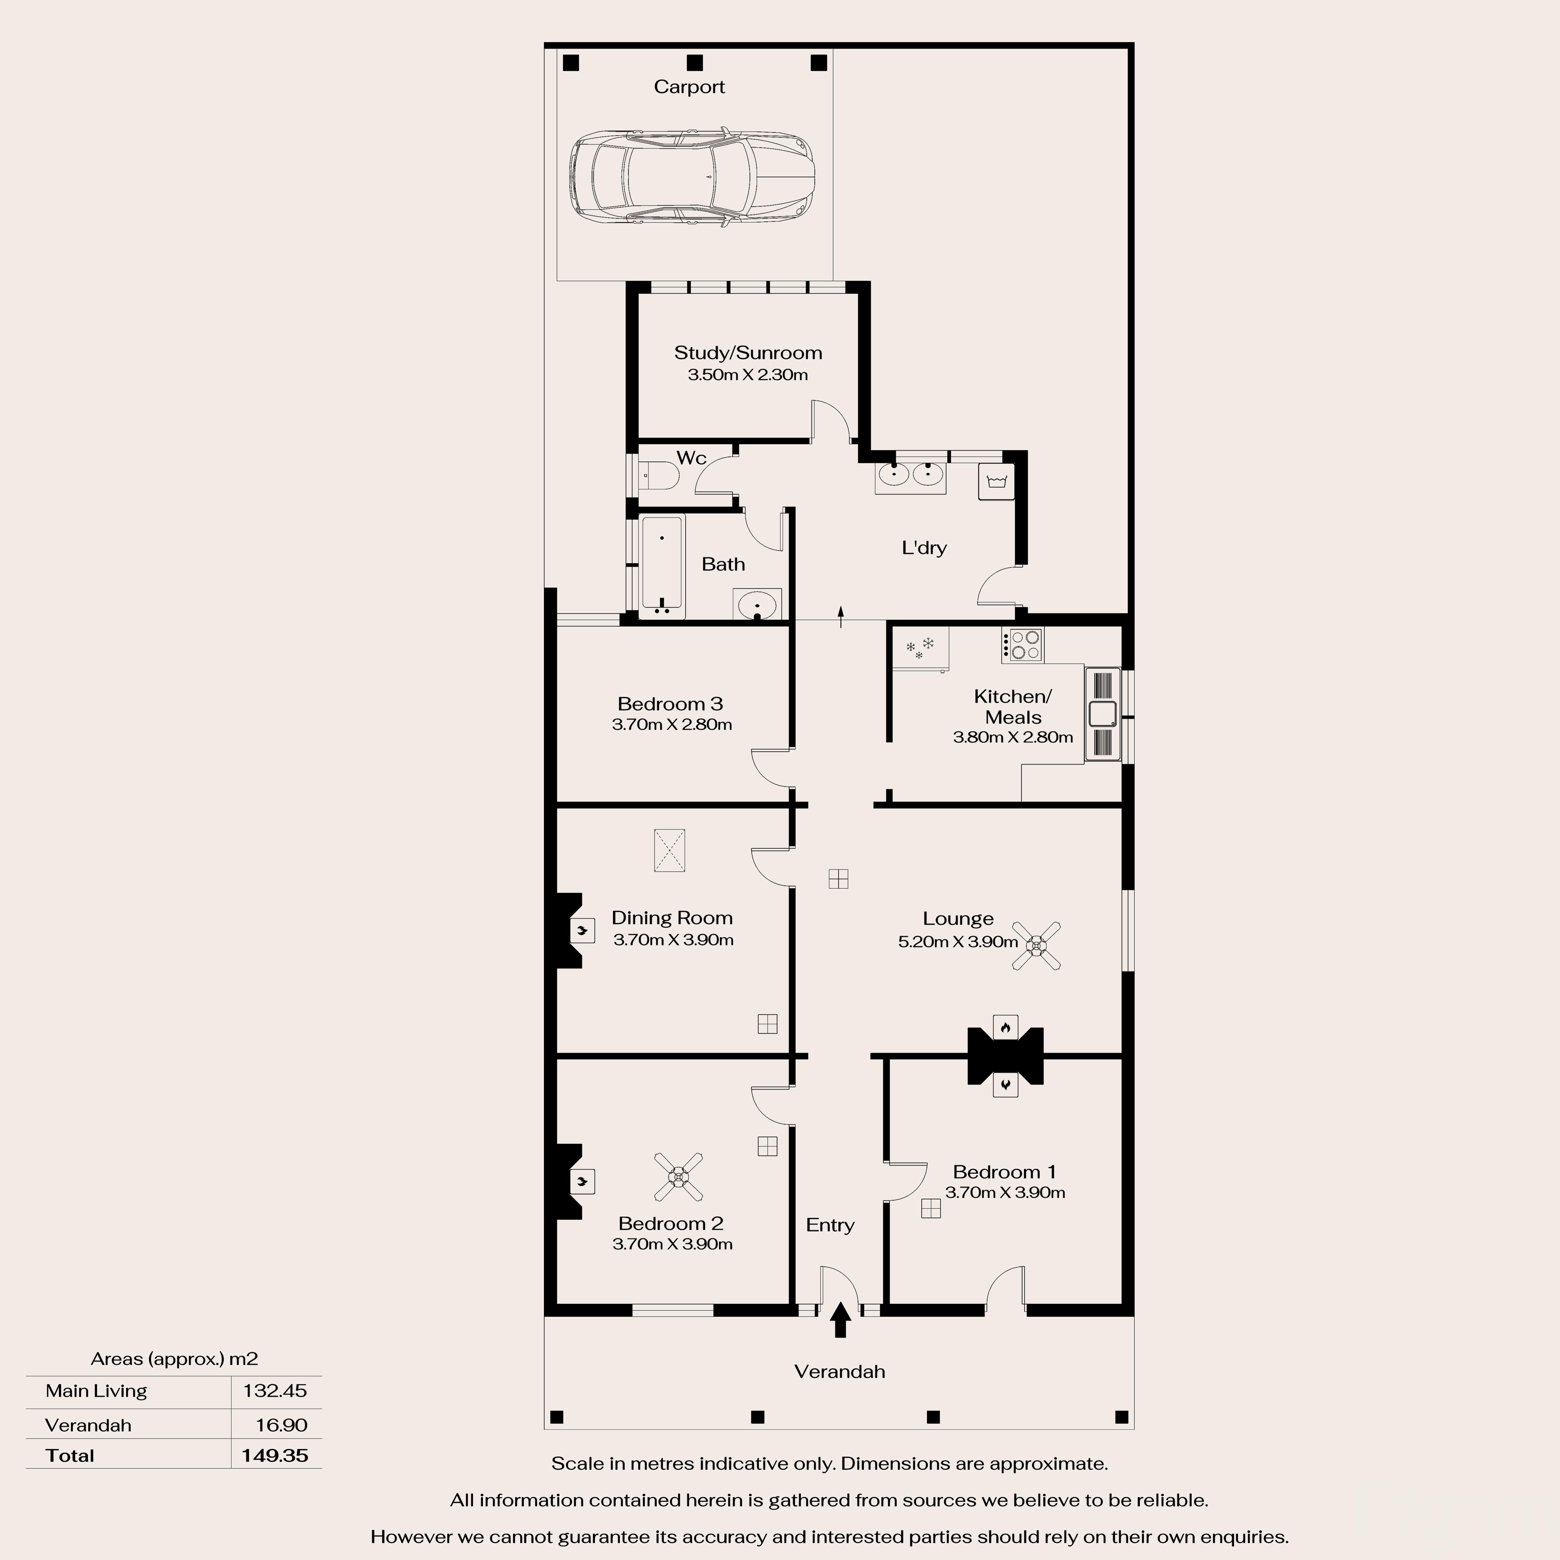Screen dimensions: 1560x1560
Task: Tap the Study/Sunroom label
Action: pos(748,353)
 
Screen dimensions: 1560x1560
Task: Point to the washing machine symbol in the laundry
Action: pos(996,482)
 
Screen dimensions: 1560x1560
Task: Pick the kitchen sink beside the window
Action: pos(1102,714)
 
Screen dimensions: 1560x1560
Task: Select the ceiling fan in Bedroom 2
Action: pos(678,1176)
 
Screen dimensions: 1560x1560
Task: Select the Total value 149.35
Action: pos(275,1456)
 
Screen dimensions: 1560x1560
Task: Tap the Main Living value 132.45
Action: pos(275,1390)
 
